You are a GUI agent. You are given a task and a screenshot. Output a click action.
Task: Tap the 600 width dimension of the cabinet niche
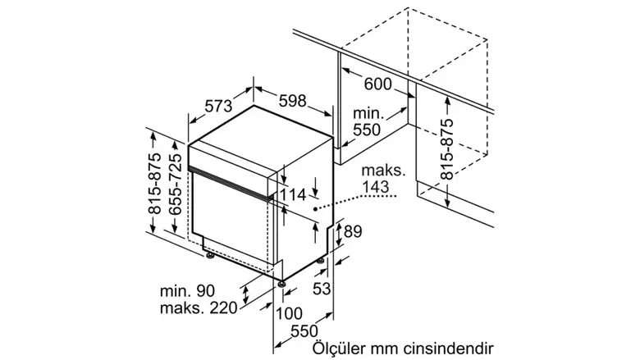click(x=377, y=83)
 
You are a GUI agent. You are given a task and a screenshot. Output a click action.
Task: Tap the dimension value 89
click(x=352, y=232)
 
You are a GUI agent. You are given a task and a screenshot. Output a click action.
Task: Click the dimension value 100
click(x=289, y=313)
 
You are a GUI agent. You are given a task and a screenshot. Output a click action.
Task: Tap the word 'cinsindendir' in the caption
click(x=454, y=348)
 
